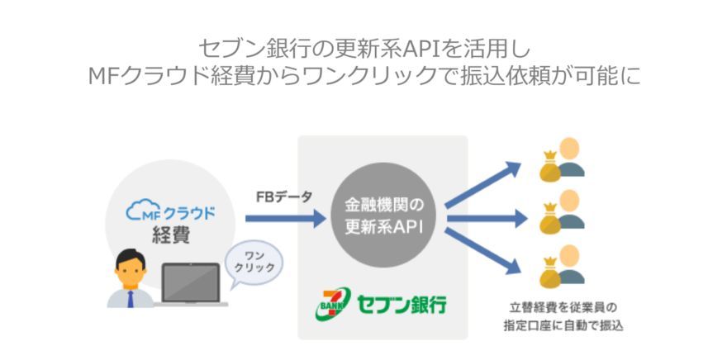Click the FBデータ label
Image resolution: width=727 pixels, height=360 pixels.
pyautogui.click(x=284, y=197)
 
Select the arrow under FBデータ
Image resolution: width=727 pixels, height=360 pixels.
pyautogui.click(x=286, y=219)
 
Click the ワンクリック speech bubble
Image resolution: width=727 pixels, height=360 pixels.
pyautogui.click(x=255, y=260)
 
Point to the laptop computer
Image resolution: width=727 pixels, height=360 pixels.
pyautogui.click(x=192, y=285)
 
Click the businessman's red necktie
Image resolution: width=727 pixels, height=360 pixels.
pyautogui.click(x=131, y=298)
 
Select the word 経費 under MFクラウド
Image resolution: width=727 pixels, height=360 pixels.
pyautogui.click(x=171, y=234)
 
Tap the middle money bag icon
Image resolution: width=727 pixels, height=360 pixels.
pyautogui.click(x=550, y=219)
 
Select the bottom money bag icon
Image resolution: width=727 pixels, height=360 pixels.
pyautogui.click(x=550, y=272)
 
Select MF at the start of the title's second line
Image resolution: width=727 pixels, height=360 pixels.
pyautogui.click(x=107, y=75)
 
